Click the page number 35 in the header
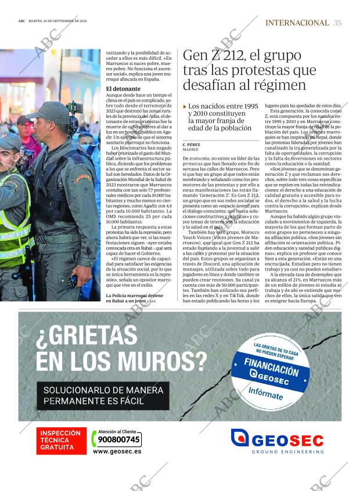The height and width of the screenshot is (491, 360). (x=337, y=23)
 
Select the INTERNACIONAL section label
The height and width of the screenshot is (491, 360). (x=297, y=23)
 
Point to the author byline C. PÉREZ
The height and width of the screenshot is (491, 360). (x=193, y=144)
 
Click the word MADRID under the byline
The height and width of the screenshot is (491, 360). (x=192, y=149)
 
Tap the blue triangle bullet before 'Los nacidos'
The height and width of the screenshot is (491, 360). (x=185, y=107)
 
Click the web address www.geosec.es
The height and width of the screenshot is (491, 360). (x=117, y=451)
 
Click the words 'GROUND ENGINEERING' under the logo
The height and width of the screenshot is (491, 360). (x=287, y=452)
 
